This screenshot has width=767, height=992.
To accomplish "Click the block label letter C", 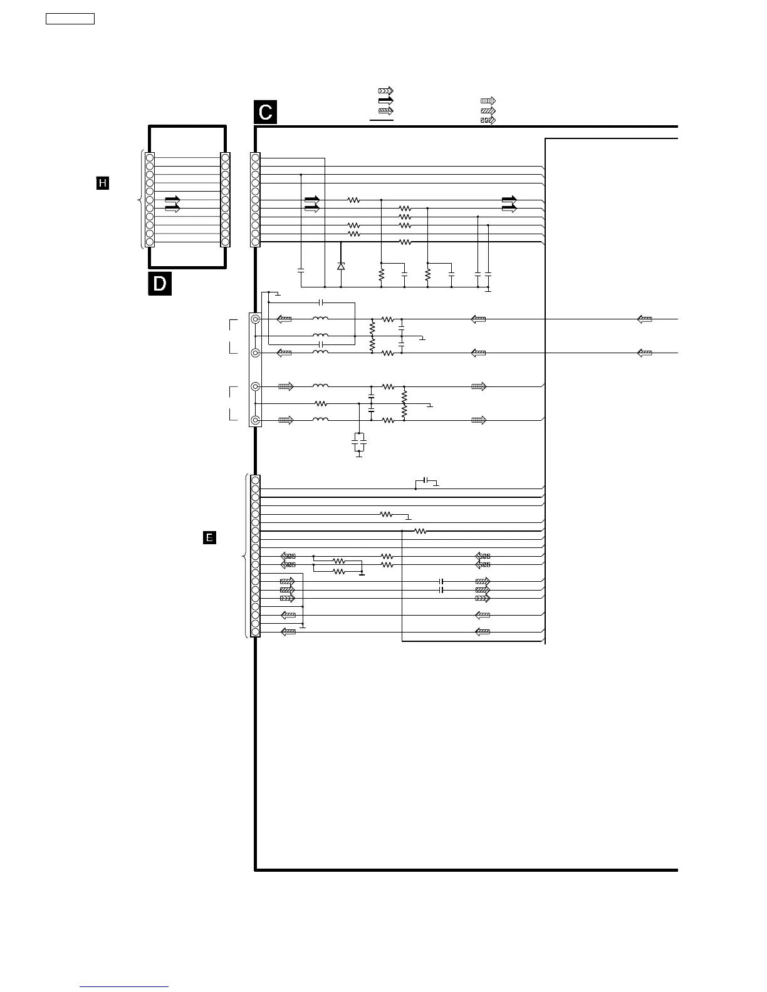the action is point(265,112).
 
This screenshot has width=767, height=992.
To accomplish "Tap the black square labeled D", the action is point(160,284).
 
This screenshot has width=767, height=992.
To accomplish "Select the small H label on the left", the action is point(102,183).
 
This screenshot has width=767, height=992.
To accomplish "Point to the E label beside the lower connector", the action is point(209,537).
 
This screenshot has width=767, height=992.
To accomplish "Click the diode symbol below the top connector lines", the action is point(341,266).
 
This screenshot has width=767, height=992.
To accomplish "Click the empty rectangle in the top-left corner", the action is point(70,19).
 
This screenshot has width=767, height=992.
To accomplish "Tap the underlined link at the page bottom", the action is point(124,986).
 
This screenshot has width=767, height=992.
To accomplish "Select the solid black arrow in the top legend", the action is point(385,100).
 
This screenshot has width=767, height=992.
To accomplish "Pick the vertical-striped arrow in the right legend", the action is point(488,100).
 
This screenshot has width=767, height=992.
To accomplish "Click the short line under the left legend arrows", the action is point(381,119).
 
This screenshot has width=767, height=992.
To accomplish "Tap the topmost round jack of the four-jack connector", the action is point(256,319).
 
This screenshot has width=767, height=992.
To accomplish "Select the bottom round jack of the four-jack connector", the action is point(256,420).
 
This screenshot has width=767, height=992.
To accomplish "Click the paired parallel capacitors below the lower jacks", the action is point(359,442).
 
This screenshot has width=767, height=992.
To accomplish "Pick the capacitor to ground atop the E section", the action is point(426,480).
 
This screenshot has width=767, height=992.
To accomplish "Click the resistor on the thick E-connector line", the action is point(420,531).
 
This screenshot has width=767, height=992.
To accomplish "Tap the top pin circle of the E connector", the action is point(255,480).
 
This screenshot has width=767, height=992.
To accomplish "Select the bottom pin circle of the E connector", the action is point(255,632).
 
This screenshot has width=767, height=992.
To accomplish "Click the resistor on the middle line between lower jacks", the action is point(321,404).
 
